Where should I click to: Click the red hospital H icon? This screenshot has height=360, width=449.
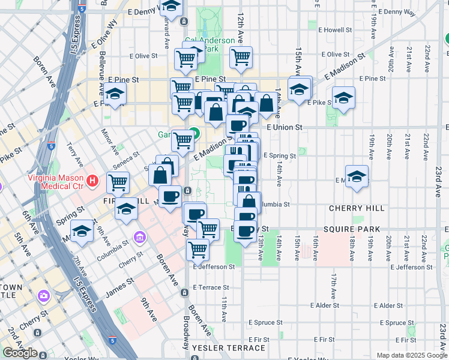coord(92,180)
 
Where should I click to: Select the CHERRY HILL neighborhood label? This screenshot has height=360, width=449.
coord(357,208)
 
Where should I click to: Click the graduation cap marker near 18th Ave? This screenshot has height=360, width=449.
coord(357,176)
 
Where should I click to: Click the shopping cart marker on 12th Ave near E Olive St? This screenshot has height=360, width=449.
coord(241,57)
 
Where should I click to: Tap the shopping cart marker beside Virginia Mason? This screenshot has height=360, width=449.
coord(118,182)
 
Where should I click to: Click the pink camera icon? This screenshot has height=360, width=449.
coord(43,296)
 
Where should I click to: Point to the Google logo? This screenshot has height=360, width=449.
coord(20,353)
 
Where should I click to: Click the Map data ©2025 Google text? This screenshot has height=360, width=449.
coord(411,355)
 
